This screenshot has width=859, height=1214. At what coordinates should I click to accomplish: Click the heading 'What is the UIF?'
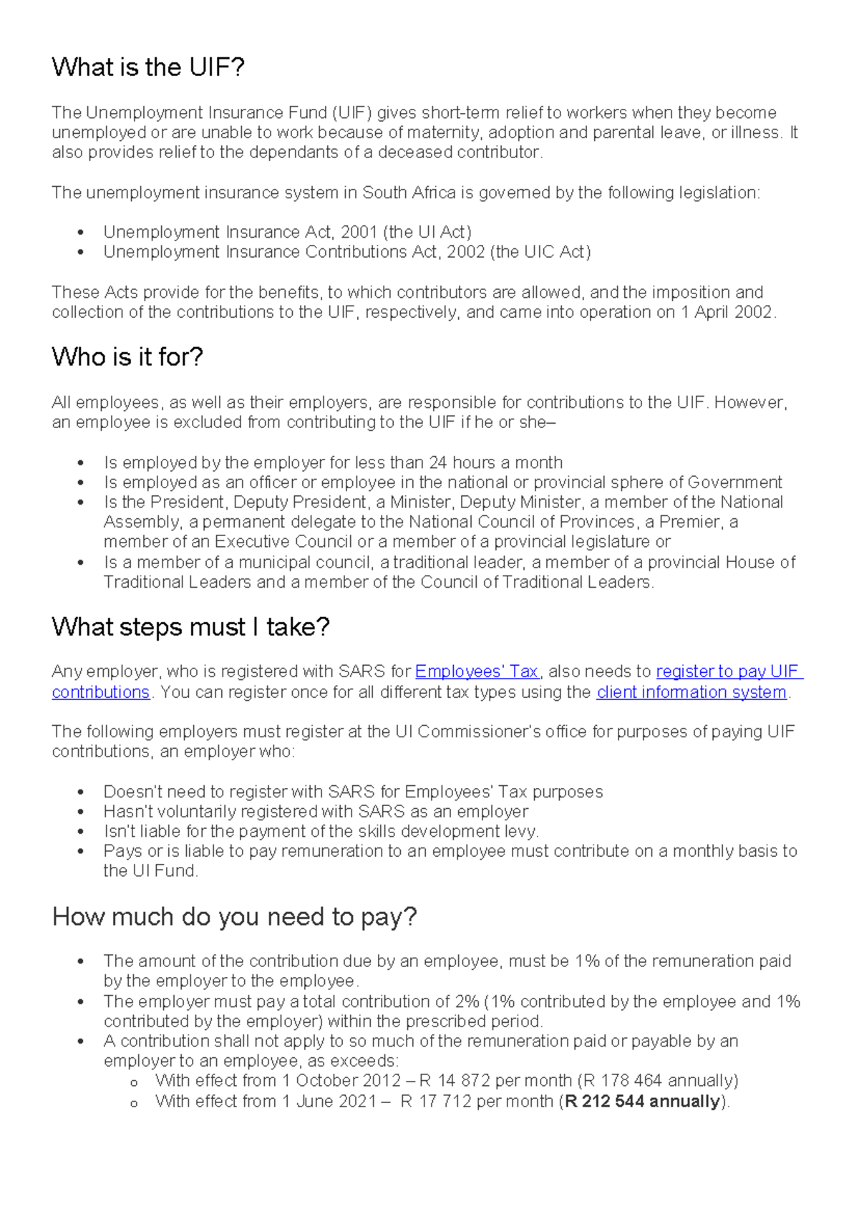click(148, 67)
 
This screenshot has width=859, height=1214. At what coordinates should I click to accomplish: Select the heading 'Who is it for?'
click(127, 356)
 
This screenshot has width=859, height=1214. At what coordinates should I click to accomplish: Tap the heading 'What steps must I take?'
click(190, 627)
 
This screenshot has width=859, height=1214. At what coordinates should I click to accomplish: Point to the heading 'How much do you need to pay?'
click(234, 917)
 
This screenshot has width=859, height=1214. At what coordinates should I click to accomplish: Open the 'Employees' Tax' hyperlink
click(476, 671)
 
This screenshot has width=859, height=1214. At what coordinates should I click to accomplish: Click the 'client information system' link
click(691, 692)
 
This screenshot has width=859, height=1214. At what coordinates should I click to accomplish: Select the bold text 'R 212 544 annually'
click(641, 1101)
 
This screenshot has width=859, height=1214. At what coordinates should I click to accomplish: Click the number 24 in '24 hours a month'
click(438, 462)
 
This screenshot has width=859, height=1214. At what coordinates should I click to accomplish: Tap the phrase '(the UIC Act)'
click(540, 252)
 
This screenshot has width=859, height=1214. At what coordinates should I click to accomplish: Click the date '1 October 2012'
click(341, 1080)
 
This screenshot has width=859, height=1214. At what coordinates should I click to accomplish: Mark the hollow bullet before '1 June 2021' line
click(133, 1103)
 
